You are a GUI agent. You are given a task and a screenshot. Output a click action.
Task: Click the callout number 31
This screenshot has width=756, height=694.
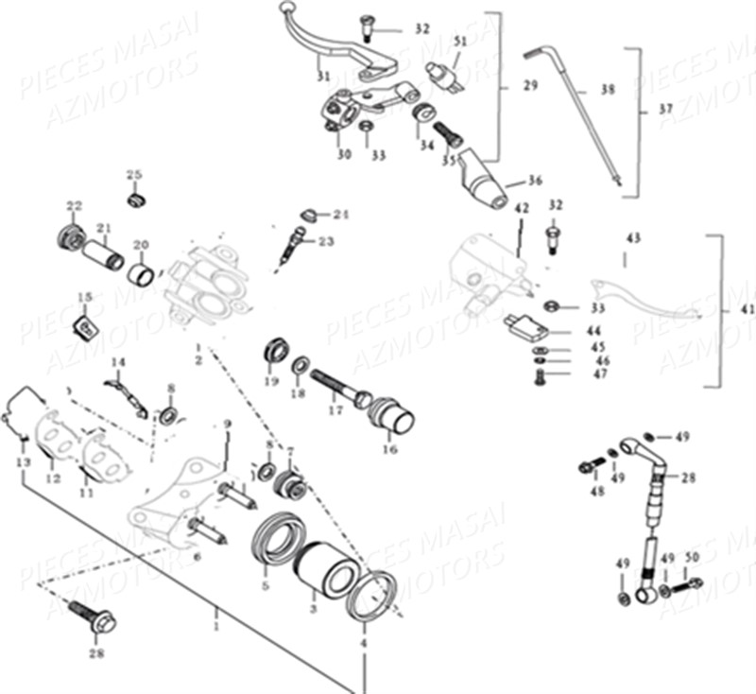[x=323, y=77]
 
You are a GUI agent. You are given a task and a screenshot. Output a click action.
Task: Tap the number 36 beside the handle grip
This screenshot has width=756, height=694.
[x=535, y=180]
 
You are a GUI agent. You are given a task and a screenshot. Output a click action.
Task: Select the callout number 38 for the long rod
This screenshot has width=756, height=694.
[x=608, y=92]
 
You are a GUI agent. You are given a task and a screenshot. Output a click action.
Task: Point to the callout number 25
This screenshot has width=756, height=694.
[x=133, y=175]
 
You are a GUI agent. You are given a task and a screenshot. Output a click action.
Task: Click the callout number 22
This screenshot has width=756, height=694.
[x=74, y=206]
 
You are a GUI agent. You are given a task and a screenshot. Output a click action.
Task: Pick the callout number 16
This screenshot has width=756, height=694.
[x=390, y=449]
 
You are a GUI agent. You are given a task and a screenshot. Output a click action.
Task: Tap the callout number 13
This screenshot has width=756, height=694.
[x=24, y=460]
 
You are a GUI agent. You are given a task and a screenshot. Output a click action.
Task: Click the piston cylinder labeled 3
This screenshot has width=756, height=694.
[x=323, y=572]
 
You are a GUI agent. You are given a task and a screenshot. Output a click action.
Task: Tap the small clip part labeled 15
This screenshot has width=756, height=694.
[x=84, y=328]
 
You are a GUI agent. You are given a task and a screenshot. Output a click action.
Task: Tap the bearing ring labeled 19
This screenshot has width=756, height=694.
[x=276, y=351]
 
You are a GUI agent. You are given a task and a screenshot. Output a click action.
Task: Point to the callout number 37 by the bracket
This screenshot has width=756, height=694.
[x=666, y=110]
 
